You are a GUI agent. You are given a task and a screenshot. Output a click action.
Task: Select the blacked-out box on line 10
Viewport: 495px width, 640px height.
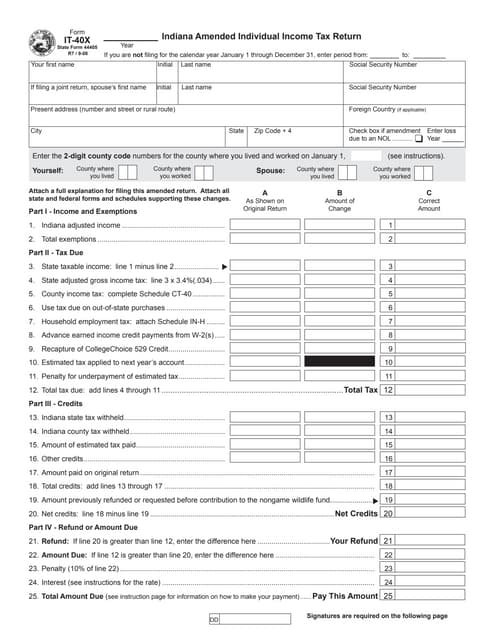point(337,361)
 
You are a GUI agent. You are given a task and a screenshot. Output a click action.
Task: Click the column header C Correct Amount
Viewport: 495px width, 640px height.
point(428,201)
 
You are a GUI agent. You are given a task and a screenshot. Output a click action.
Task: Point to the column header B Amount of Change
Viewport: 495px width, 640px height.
point(339,201)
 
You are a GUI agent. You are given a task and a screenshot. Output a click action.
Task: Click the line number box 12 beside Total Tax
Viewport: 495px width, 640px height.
point(389,389)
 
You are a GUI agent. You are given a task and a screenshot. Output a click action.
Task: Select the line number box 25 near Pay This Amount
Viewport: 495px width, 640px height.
point(389,595)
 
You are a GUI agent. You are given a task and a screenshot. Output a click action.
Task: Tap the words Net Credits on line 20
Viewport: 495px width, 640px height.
point(356,513)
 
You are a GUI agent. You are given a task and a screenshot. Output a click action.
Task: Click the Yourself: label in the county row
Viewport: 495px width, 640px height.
point(48,171)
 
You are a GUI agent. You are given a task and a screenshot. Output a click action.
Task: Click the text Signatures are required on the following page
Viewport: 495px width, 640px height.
point(376,617)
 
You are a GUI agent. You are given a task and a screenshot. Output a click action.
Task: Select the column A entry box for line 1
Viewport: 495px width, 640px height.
point(265,225)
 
